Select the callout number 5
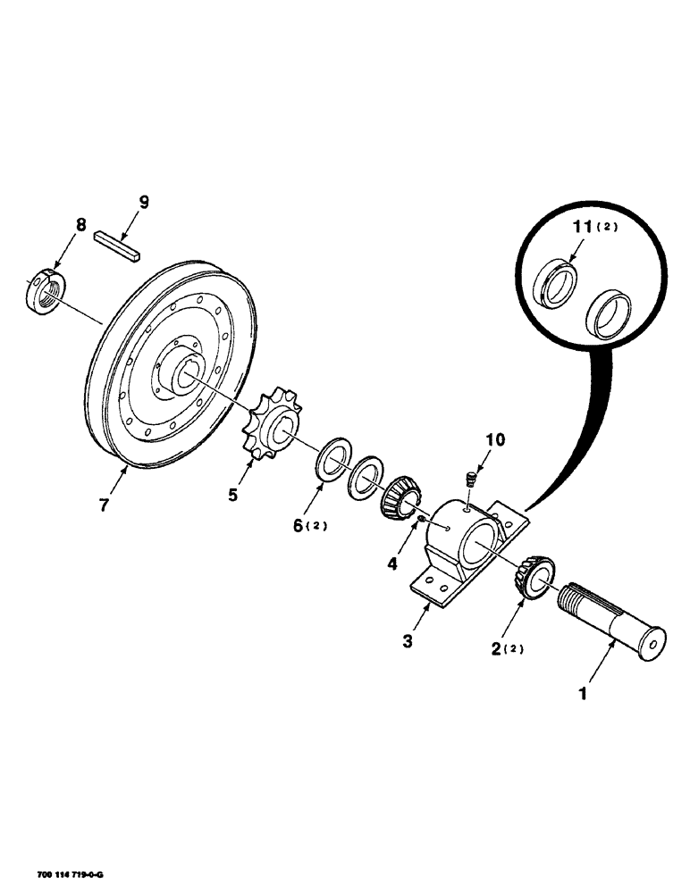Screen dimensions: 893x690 coord(232,493)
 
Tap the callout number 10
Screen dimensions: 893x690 coord(494,439)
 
